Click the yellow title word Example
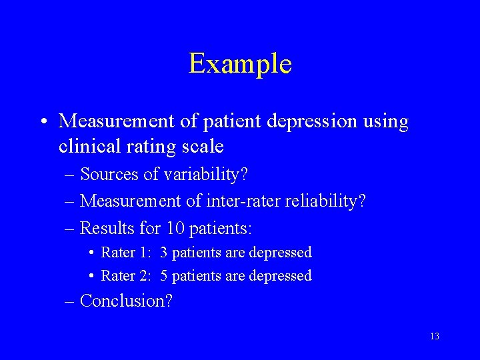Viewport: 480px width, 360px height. (240, 64)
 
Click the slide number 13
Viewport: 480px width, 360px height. (434, 336)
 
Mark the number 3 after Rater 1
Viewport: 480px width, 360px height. (164, 253)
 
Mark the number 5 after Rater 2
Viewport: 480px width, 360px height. (164, 275)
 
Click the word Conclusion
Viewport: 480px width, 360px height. (125, 301)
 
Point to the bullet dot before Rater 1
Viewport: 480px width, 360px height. (91, 253)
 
